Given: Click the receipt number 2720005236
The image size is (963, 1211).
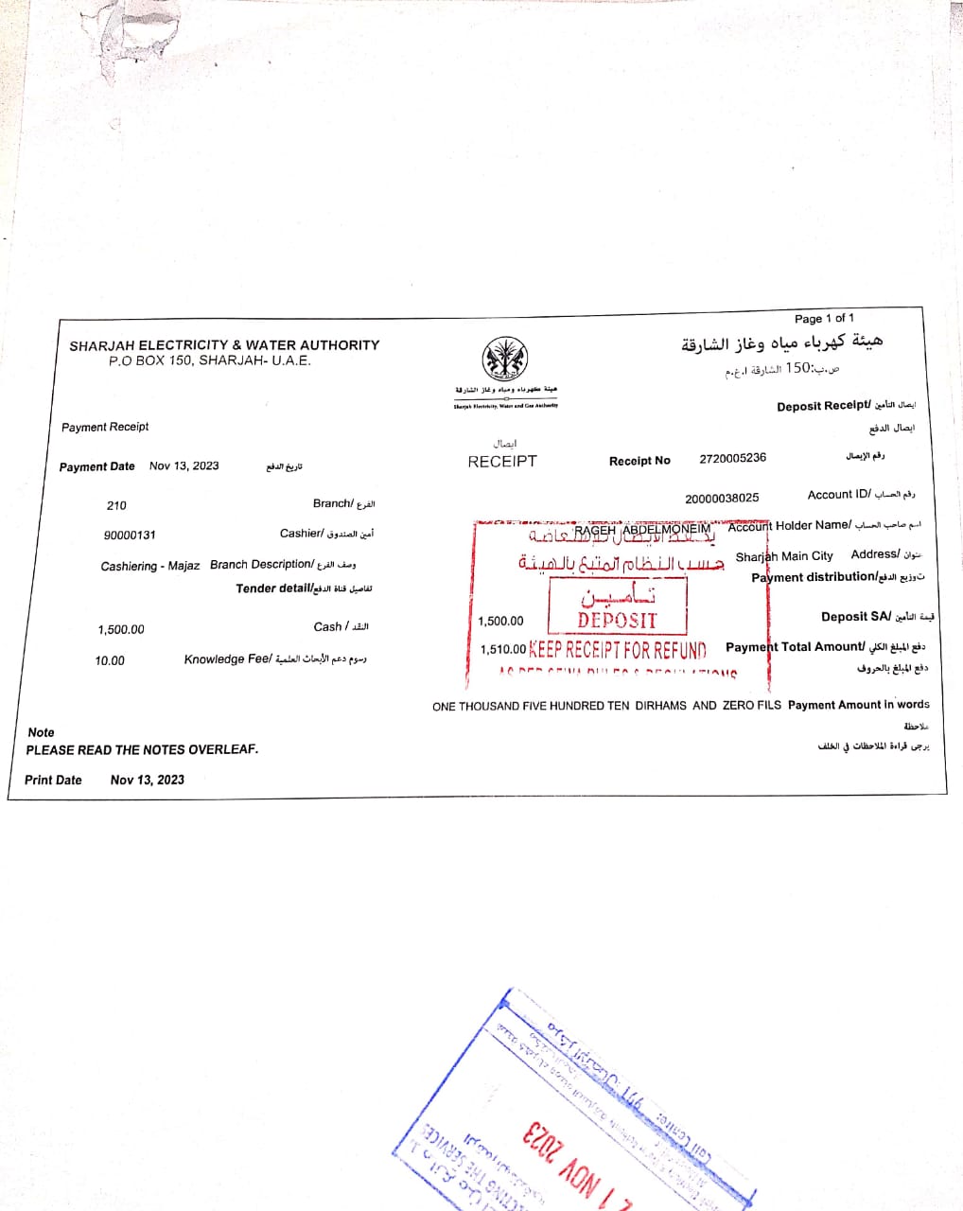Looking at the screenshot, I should (732, 458).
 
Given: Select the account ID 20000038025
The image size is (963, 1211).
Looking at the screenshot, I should (722, 498).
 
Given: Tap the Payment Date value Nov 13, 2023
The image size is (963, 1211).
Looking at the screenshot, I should (184, 465).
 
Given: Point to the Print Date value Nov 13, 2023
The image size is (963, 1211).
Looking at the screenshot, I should (147, 780).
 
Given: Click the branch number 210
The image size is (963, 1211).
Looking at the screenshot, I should (116, 505).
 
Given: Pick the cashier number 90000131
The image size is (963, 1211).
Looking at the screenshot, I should (130, 535).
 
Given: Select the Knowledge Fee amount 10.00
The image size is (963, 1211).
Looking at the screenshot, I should (110, 660).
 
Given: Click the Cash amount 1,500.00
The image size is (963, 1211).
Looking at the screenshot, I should (121, 629).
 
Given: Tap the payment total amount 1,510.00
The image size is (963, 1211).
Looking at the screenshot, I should (502, 650).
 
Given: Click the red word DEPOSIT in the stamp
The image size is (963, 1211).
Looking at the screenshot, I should (617, 621).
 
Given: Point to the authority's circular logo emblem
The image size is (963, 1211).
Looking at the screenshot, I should (505, 360).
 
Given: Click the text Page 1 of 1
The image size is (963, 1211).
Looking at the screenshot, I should (824, 318).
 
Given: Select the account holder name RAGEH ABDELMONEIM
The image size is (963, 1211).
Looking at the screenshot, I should (642, 530).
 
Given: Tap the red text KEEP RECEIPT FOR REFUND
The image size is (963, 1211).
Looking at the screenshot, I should (618, 650).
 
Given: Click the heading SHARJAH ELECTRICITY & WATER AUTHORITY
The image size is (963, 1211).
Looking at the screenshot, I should (224, 345).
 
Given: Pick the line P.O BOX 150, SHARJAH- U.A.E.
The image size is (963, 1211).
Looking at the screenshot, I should (209, 360).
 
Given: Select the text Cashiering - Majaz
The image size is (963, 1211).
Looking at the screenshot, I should (150, 566).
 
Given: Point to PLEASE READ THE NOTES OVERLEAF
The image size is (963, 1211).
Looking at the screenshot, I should (142, 749).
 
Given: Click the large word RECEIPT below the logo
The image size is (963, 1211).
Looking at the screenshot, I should (502, 462).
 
